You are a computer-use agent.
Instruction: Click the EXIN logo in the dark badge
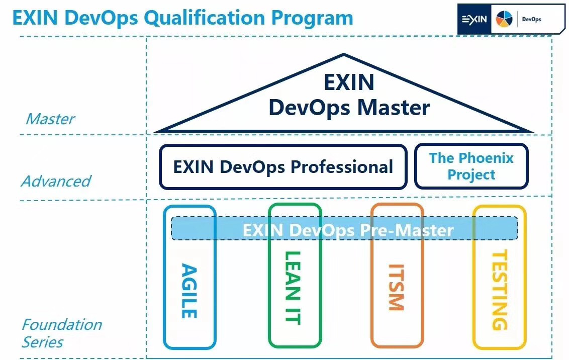tap(474, 20)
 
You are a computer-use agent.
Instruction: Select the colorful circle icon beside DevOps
tap(504, 20)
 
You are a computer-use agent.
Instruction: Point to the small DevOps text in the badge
tap(531, 20)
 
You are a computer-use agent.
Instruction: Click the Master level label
tap(50, 119)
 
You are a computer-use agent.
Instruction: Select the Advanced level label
tap(56, 181)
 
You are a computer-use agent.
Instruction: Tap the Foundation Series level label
tap(61, 333)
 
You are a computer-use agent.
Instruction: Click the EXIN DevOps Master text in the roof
tap(349, 96)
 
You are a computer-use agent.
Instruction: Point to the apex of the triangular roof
tap(344, 55)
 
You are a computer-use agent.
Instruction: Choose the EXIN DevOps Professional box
tap(283, 167)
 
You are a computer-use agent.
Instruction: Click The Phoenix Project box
tap(471, 166)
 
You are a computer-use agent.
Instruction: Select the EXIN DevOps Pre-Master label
tap(348, 230)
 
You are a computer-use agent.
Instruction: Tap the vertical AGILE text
tap(188, 291)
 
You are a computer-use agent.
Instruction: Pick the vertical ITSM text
tap(396, 287)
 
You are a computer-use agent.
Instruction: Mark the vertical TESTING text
tap(498, 290)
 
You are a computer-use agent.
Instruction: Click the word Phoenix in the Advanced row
tap(485, 158)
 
